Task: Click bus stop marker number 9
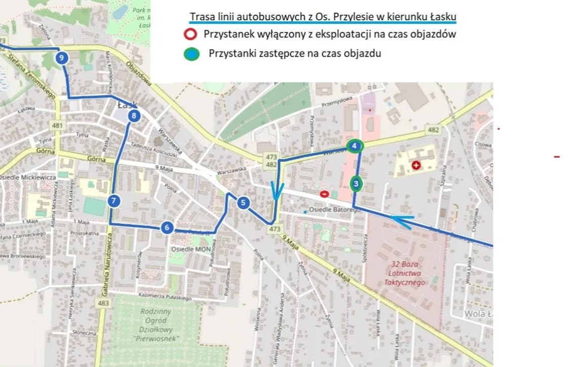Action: click(x=61, y=58)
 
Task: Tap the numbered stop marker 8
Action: click(x=134, y=116)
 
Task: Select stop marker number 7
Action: click(x=114, y=201)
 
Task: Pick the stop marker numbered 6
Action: click(x=167, y=228)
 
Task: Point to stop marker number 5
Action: click(x=243, y=203)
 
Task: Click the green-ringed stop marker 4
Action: click(x=355, y=146)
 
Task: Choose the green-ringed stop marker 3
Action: click(x=356, y=183)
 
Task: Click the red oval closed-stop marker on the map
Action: click(x=324, y=193)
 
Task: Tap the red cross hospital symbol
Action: click(x=416, y=165)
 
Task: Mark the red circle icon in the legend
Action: click(x=190, y=35)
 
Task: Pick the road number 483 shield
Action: click(x=104, y=303)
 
